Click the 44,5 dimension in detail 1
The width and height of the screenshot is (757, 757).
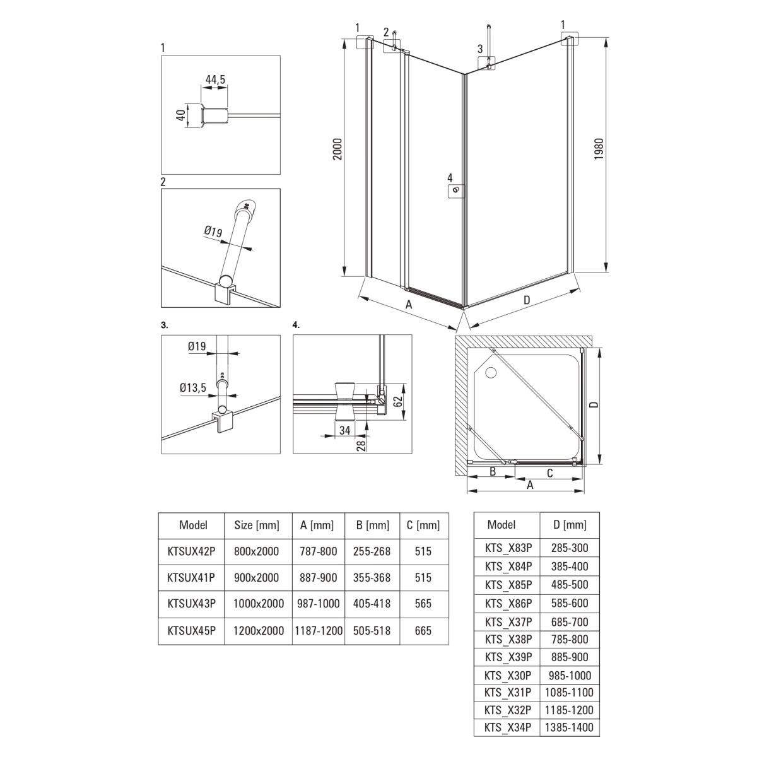click(x=215, y=79)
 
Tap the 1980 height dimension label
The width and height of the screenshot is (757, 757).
click(x=598, y=148)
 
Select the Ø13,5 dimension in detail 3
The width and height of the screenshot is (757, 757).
click(x=193, y=388)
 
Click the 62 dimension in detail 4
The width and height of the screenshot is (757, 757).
click(x=398, y=401)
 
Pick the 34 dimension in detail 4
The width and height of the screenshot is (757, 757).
click(x=344, y=430)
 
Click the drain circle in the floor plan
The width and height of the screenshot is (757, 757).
click(x=491, y=372)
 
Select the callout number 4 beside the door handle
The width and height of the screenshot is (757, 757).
click(x=450, y=177)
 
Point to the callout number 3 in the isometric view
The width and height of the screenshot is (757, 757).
click(x=479, y=49)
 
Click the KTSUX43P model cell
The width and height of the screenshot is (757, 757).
click(x=191, y=603)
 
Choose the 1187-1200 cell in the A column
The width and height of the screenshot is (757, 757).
click(x=319, y=630)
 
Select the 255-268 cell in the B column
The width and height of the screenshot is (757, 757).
click(x=372, y=551)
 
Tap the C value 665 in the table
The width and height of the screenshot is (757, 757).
click(x=423, y=630)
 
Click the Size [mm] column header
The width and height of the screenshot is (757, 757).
click(x=257, y=525)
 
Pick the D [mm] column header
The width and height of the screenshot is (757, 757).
click(x=570, y=524)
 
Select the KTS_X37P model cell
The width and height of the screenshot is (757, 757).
click(x=508, y=622)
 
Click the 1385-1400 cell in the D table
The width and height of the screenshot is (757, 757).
click(x=569, y=727)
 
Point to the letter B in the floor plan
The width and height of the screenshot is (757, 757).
click(x=492, y=471)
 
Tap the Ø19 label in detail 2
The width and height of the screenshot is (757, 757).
click(x=213, y=232)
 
